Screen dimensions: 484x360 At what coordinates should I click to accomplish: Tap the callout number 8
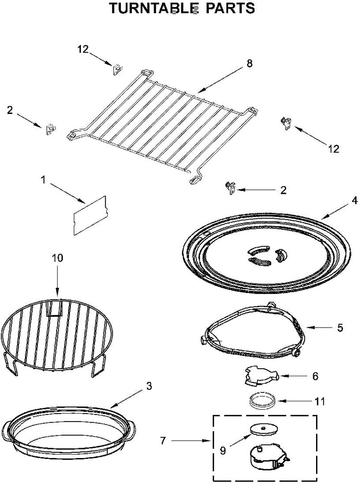(249, 63)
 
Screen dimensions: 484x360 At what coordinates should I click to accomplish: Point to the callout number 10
(57, 258)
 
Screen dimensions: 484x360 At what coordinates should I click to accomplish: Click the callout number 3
(149, 386)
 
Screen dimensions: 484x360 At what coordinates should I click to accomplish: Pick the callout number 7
(163, 441)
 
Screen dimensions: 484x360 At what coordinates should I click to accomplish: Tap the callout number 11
(320, 402)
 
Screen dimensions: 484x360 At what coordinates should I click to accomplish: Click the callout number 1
(43, 180)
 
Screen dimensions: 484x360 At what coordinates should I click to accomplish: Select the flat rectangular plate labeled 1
(90, 215)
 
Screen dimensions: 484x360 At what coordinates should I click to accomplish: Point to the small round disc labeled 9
(263, 429)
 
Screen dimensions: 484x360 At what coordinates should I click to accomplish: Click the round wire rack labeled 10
(57, 333)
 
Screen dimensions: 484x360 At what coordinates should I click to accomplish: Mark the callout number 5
(340, 327)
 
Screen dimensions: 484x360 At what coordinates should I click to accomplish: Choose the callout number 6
(315, 376)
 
